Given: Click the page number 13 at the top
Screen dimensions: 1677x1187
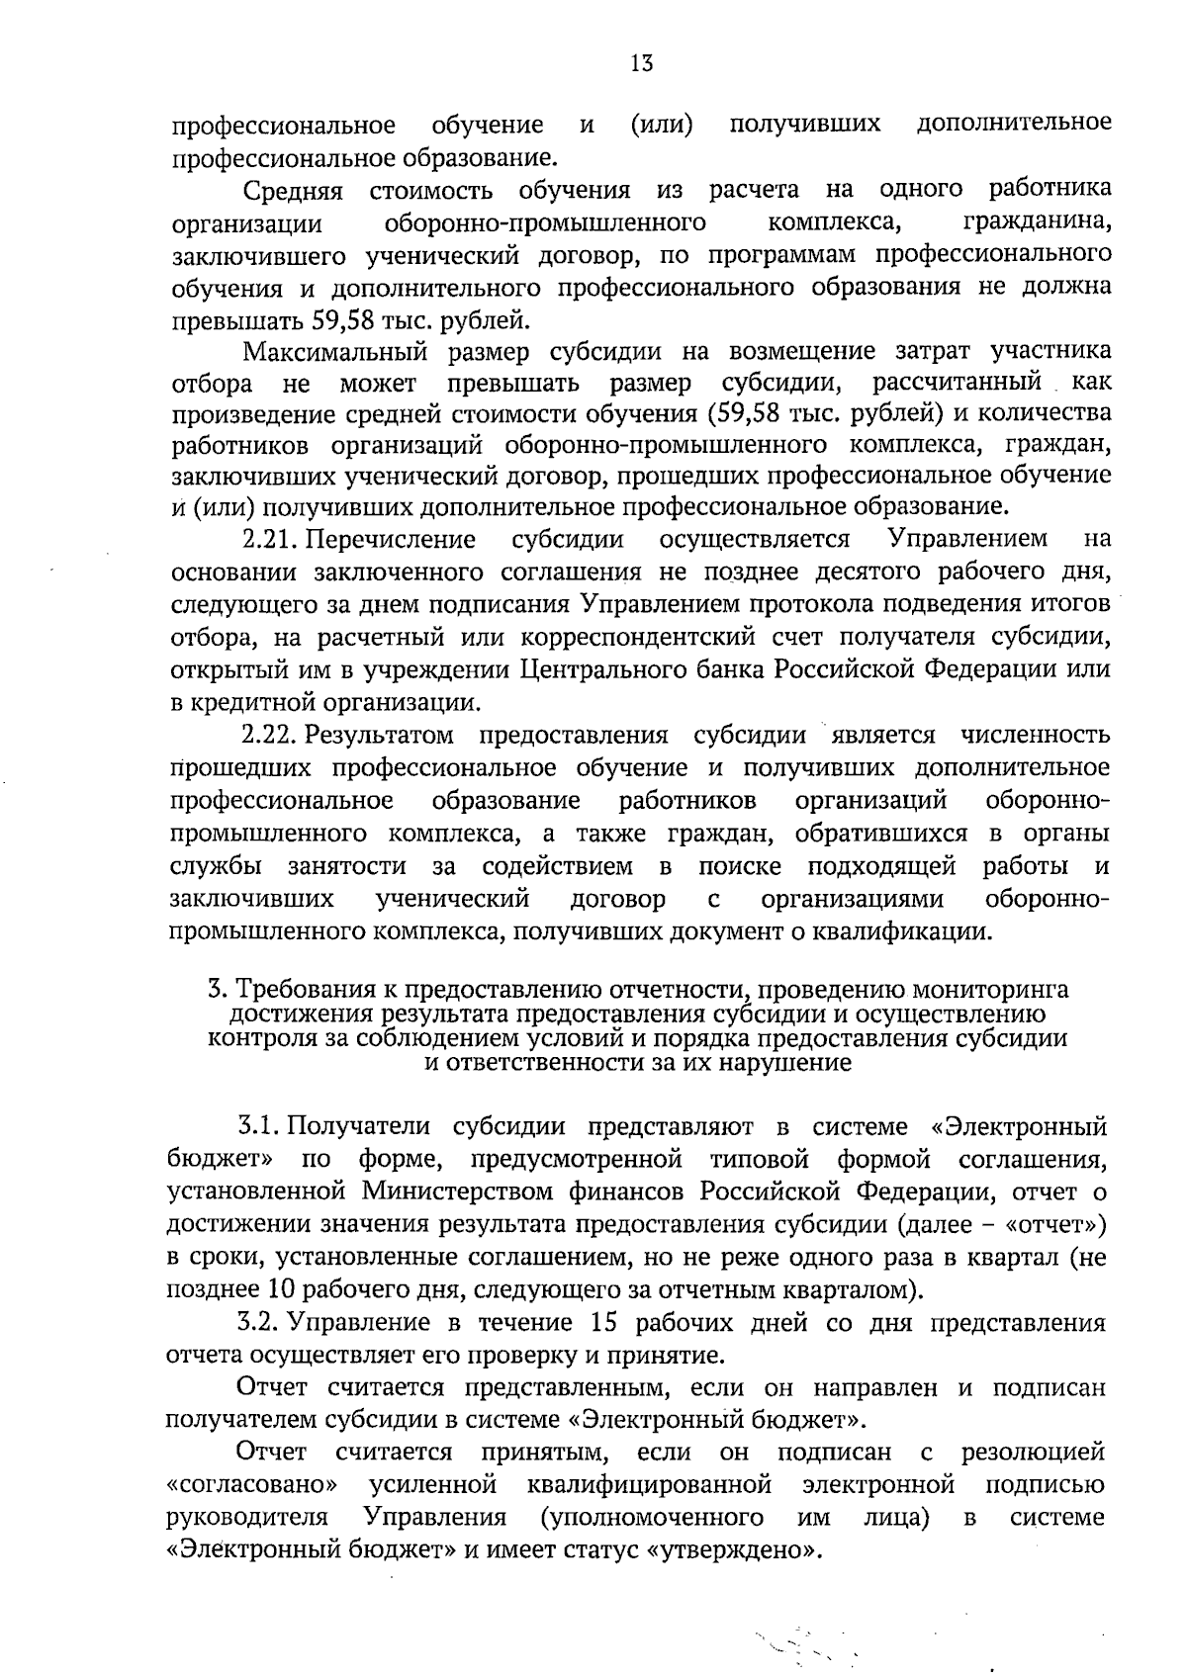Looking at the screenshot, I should (x=641, y=64).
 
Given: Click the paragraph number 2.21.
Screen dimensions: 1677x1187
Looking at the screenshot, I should (x=270, y=539).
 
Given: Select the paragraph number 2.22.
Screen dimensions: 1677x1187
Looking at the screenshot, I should (x=270, y=736).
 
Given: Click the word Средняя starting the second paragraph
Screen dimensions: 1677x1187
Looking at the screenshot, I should (x=293, y=189).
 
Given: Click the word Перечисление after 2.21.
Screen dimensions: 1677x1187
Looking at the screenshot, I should (x=390, y=539).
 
